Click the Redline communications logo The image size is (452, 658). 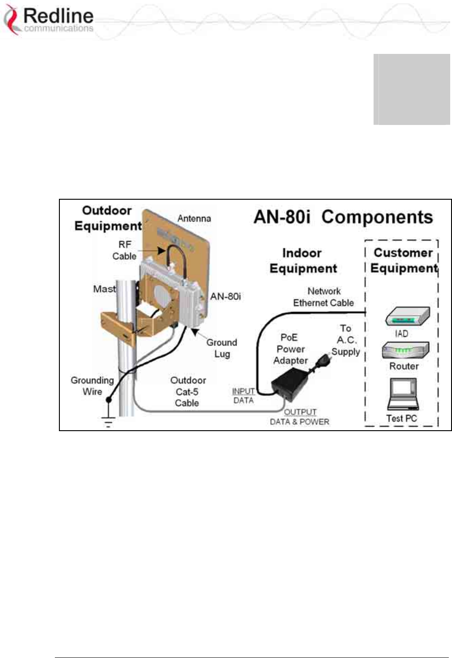click(x=49, y=20)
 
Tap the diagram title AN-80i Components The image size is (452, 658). click(x=343, y=217)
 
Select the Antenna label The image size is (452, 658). click(x=194, y=218)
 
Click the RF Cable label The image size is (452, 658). click(x=124, y=250)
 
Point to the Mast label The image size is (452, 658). click(x=104, y=289)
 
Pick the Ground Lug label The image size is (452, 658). click(x=222, y=348)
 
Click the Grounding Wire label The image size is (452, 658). click(x=92, y=386)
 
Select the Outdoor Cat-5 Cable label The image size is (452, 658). click(x=188, y=392)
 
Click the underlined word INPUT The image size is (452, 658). click(x=243, y=391)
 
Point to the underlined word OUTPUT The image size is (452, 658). click(x=300, y=412)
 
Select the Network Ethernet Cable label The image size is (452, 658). click(x=324, y=297)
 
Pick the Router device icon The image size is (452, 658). click(x=404, y=351)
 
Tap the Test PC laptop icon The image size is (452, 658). click(x=403, y=394)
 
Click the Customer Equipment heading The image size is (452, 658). click(x=403, y=260)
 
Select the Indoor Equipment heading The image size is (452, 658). click(x=303, y=260)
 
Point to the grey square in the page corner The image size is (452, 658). click(x=412, y=89)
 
